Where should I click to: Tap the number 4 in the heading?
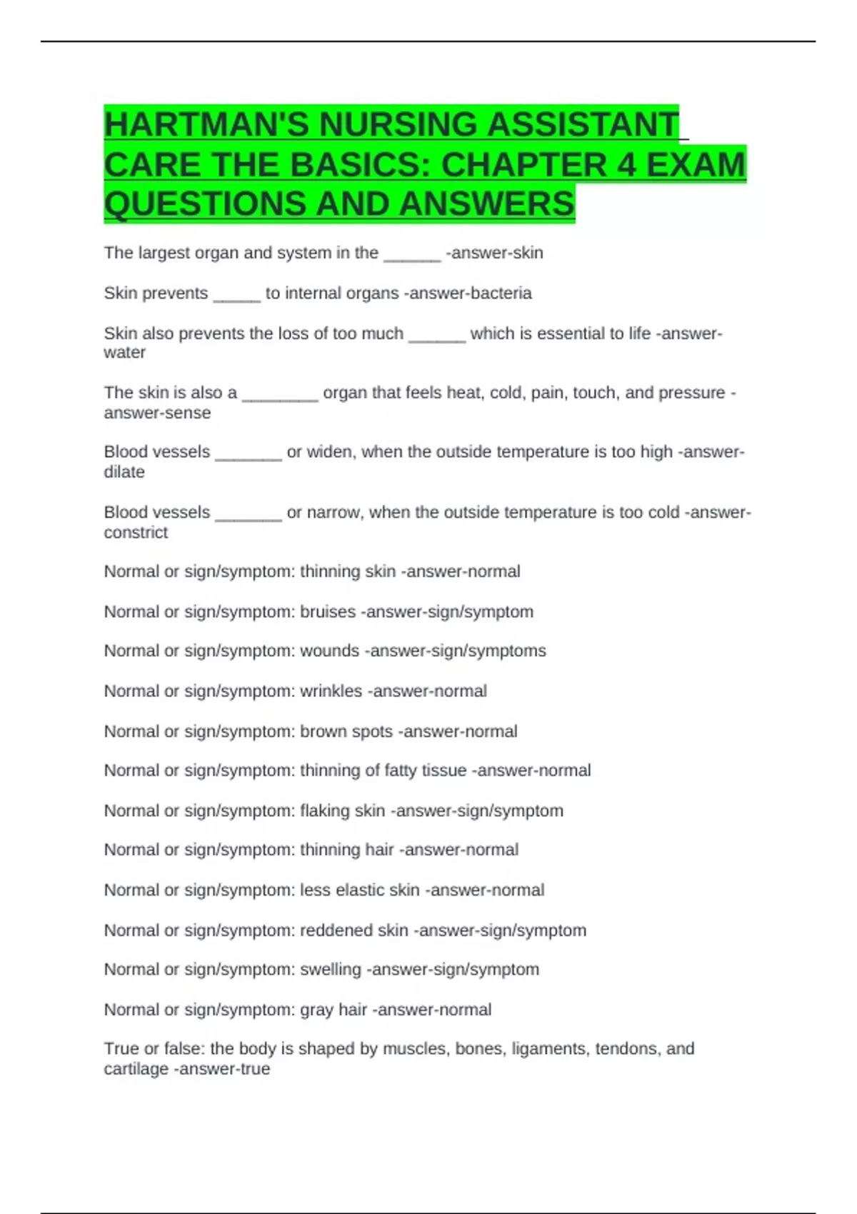pyautogui.click(x=626, y=165)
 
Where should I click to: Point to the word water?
pyautogui.click(x=124, y=353)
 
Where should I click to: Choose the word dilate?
pyautogui.click(x=124, y=472)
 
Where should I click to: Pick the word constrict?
pyautogui.click(x=136, y=533)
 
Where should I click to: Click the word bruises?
pyautogui.click(x=328, y=612)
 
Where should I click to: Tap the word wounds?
pyautogui.click(x=329, y=651)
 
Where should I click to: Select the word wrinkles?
pyautogui.click(x=331, y=691)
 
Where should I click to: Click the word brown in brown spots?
pyautogui.click(x=326, y=732)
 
